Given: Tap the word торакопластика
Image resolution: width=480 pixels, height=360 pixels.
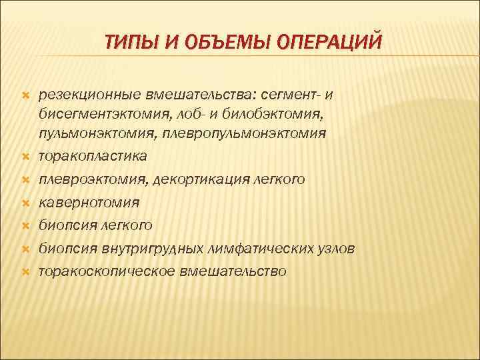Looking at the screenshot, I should pyautogui.click(x=93, y=156).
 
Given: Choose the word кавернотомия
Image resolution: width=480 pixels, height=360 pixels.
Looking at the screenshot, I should pyautogui.click(x=89, y=202).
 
